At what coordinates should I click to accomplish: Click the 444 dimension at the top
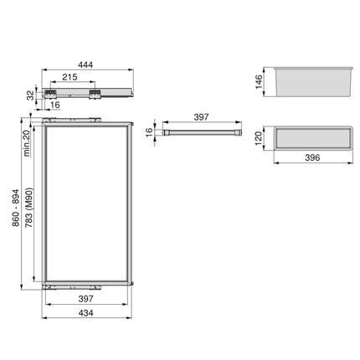coord(85,64)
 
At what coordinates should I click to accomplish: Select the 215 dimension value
coord(69,77)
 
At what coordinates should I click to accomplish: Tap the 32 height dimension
coord(30,95)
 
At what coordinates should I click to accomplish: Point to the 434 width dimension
coord(85,313)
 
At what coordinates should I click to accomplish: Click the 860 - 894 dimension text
coord(15,208)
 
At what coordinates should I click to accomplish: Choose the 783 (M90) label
coord(29,208)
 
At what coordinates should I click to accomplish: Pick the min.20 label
coord(27,143)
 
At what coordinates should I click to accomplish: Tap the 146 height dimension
coord(259,81)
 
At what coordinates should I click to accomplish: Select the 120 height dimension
coord(259,138)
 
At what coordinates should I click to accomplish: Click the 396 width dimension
coord(312,157)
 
